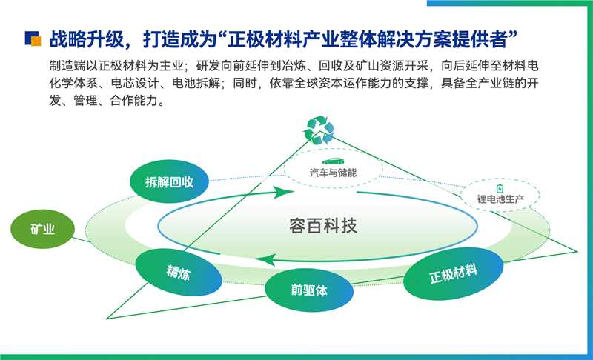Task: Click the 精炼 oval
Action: [x=178, y=272]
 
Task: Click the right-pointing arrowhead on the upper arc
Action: [x=281, y=193]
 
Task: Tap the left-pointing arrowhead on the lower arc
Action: [x=268, y=259]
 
